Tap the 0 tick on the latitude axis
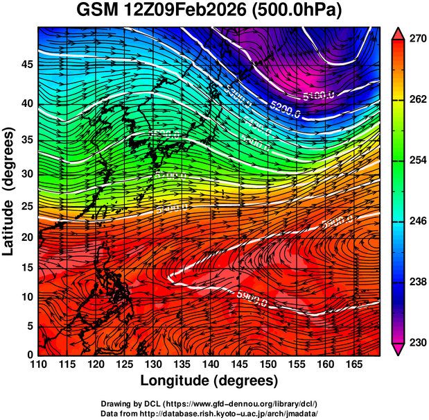tap(28, 355)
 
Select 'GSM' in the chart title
tap(98, 10)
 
